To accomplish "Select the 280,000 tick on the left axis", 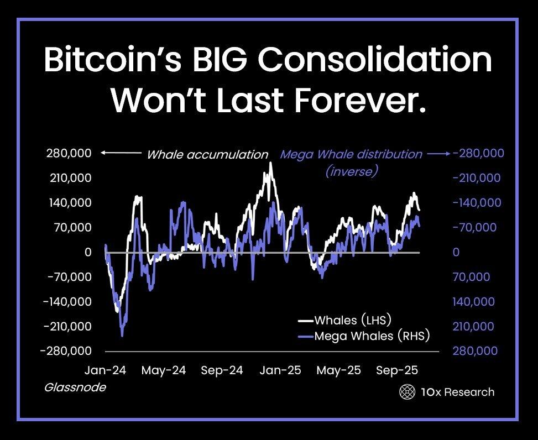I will tap(68, 154).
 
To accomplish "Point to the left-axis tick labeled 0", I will tap(87, 253).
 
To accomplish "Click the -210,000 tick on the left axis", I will tap(66, 327).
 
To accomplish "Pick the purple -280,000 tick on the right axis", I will tap(478, 154).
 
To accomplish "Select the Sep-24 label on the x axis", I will tap(222, 370).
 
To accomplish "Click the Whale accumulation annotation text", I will tap(207, 155).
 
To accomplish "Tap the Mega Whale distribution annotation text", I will tap(351, 154).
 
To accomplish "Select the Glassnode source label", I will tap(75, 387).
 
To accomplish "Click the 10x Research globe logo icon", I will tap(407, 392).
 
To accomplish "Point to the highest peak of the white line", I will tap(270, 163).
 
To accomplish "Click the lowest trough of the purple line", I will tap(122, 334).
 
